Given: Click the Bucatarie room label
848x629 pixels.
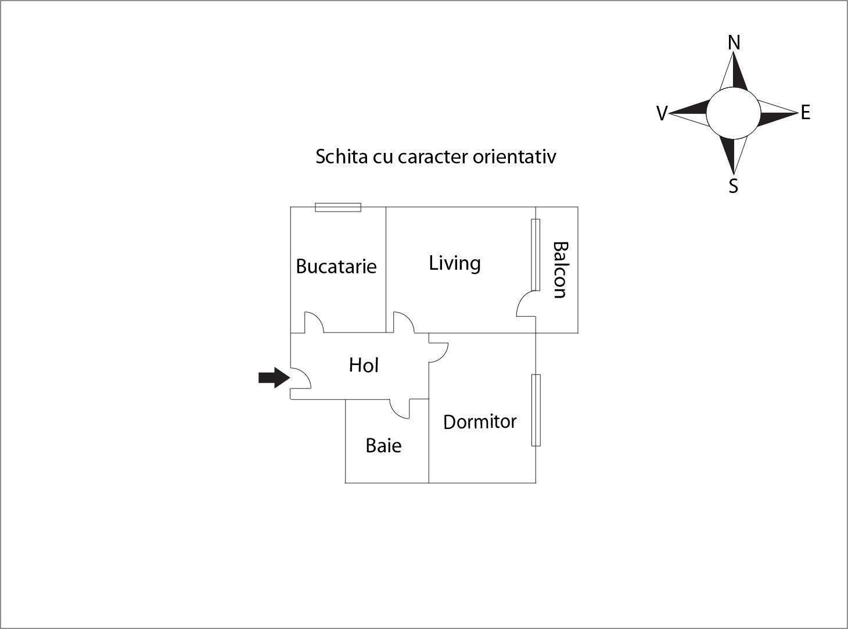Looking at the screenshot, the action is click(x=336, y=266).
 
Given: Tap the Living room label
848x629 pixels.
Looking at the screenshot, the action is click(x=455, y=263).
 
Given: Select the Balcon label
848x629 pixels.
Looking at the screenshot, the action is click(x=560, y=270).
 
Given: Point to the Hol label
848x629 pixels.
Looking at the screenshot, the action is click(x=364, y=365).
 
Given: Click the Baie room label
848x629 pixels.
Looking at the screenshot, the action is click(x=383, y=446).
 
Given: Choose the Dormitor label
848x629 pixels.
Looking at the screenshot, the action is click(x=480, y=422).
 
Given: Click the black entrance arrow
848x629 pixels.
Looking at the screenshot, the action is click(x=274, y=378).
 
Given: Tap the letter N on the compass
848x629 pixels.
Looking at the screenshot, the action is click(x=734, y=42).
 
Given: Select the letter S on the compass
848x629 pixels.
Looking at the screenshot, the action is click(x=734, y=186).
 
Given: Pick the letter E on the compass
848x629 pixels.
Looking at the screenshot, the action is click(x=806, y=113).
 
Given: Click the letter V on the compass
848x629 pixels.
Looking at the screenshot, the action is click(x=662, y=114).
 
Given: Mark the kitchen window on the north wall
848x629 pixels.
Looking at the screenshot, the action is click(x=338, y=207).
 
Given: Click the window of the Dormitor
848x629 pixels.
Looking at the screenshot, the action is click(x=536, y=410).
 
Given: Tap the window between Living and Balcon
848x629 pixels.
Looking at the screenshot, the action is click(x=536, y=255).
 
